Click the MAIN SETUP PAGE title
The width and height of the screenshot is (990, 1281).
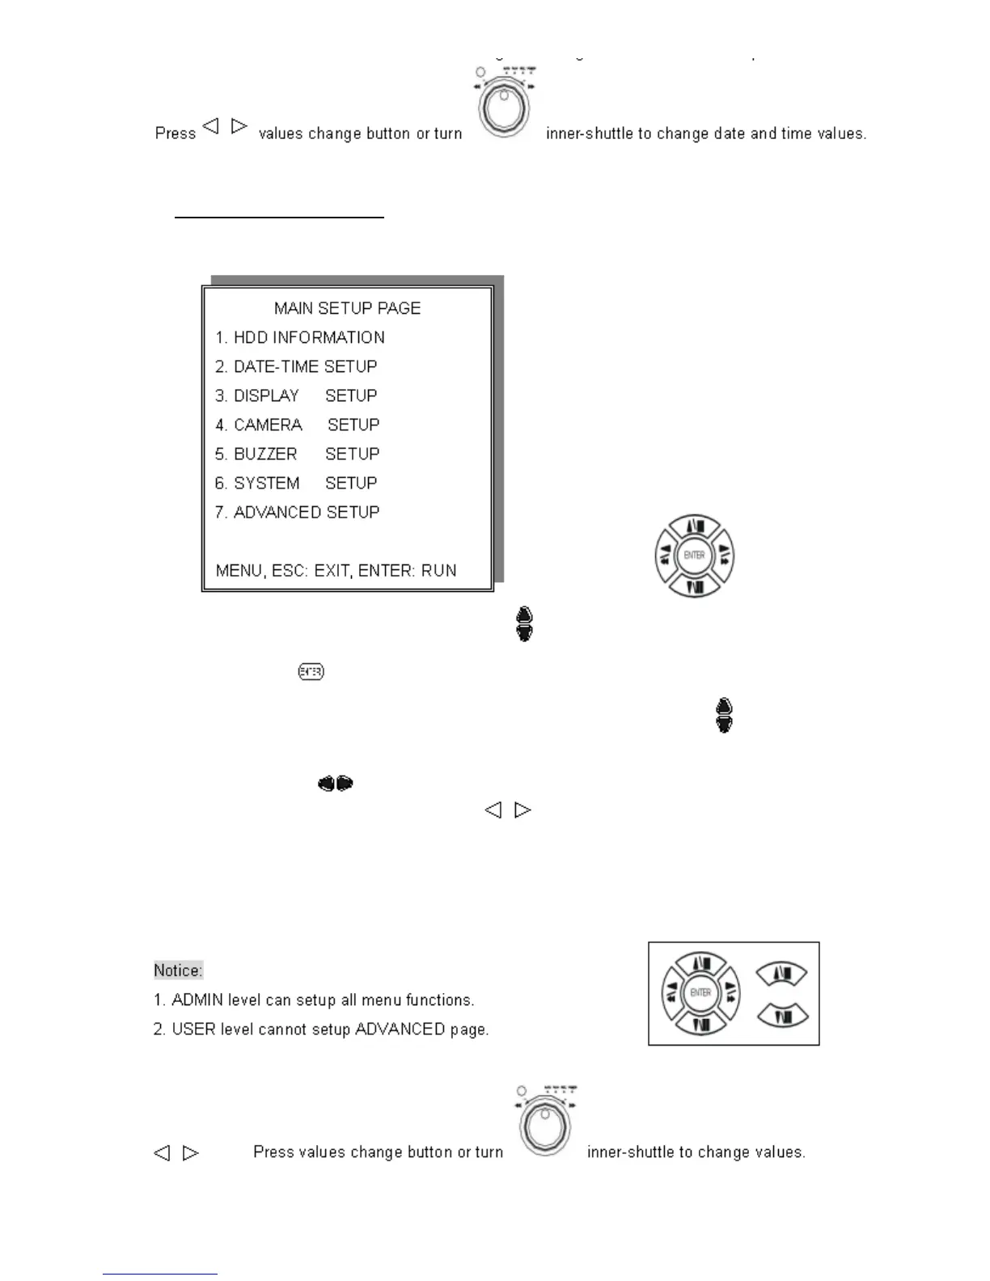point(347,308)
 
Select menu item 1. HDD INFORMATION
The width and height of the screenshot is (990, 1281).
point(299,337)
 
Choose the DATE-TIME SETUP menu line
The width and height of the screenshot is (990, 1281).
point(296,366)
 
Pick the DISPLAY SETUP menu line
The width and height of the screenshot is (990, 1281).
point(296,395)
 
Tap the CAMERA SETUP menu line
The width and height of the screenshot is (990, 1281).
point(297,425)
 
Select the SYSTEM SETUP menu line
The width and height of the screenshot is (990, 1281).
point(296,483)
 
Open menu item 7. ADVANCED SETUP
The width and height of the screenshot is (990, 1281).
point(297,512)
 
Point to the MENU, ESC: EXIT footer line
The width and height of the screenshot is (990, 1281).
point(336,570)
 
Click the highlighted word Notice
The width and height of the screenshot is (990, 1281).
point(178,970)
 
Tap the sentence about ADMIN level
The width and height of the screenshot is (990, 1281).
point(314,1000)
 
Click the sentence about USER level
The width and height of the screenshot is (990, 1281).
point(321,1029)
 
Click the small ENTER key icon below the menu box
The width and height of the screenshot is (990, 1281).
point(311,671)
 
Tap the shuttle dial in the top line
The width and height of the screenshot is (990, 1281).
point(504,107)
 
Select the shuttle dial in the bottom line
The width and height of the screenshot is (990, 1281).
point(545,1125)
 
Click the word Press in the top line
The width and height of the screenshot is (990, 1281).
point(176,133)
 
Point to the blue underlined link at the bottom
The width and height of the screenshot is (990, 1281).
point(159,1274)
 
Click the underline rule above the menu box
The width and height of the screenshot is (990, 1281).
point(279,217)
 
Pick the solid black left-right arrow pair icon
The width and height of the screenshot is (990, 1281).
point(336,783)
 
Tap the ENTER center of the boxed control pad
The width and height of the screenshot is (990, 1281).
point(700,992)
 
